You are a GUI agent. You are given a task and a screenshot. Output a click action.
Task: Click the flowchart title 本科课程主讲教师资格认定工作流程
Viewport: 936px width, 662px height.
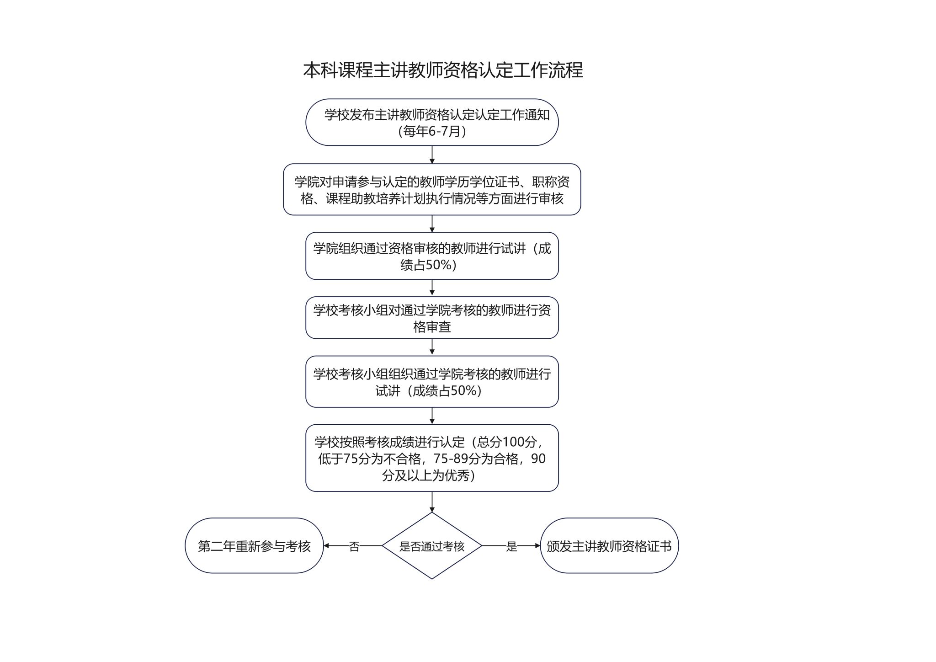(x=443, y=70)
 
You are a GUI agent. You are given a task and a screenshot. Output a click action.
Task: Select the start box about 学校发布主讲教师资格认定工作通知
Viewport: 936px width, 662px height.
(x=432, y=122)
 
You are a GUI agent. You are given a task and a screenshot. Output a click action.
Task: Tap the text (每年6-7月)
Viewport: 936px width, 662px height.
(x=432, y=131)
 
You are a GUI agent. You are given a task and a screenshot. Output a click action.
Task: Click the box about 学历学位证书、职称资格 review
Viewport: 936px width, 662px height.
(x=432, y=189)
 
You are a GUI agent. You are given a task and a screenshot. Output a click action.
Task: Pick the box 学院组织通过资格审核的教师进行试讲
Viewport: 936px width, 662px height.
(x=432, y=256)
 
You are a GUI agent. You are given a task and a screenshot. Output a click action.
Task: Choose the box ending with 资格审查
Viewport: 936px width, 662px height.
(x=432, y=318)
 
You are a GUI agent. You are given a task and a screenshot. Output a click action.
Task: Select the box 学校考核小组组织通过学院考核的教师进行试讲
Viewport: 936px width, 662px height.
(x=432, y=382)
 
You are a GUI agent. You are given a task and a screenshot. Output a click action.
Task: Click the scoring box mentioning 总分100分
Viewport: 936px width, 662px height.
(x=432, y=458)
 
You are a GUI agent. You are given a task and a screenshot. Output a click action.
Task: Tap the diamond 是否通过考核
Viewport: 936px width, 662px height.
(x=432, y=545)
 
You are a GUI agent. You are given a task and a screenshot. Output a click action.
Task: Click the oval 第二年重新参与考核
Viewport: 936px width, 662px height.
(x=254, y=545)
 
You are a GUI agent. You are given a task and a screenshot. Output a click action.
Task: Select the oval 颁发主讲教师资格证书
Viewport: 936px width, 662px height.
(x=609, y=545)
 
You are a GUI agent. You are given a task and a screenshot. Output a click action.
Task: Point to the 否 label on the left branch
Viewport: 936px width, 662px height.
(x=354, y=546)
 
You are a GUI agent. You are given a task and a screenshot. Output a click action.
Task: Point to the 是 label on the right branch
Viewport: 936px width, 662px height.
(x=511, y=546)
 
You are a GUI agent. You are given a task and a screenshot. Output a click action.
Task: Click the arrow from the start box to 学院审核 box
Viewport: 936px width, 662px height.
(x=432, y=155)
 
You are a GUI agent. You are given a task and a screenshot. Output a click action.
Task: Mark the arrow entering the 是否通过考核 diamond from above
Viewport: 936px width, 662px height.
(x=432, y=502)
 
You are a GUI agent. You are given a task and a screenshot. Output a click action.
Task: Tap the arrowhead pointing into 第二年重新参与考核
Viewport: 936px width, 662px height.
(x=326, y=545)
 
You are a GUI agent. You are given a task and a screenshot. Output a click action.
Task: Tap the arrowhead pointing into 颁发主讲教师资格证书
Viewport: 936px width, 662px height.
(x=537, y=545)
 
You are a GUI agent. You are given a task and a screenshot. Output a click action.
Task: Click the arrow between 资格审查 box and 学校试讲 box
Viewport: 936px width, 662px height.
(x=432, y=347)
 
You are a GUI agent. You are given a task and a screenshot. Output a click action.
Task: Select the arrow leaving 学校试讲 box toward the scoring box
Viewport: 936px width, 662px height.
(x=432, y=416)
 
